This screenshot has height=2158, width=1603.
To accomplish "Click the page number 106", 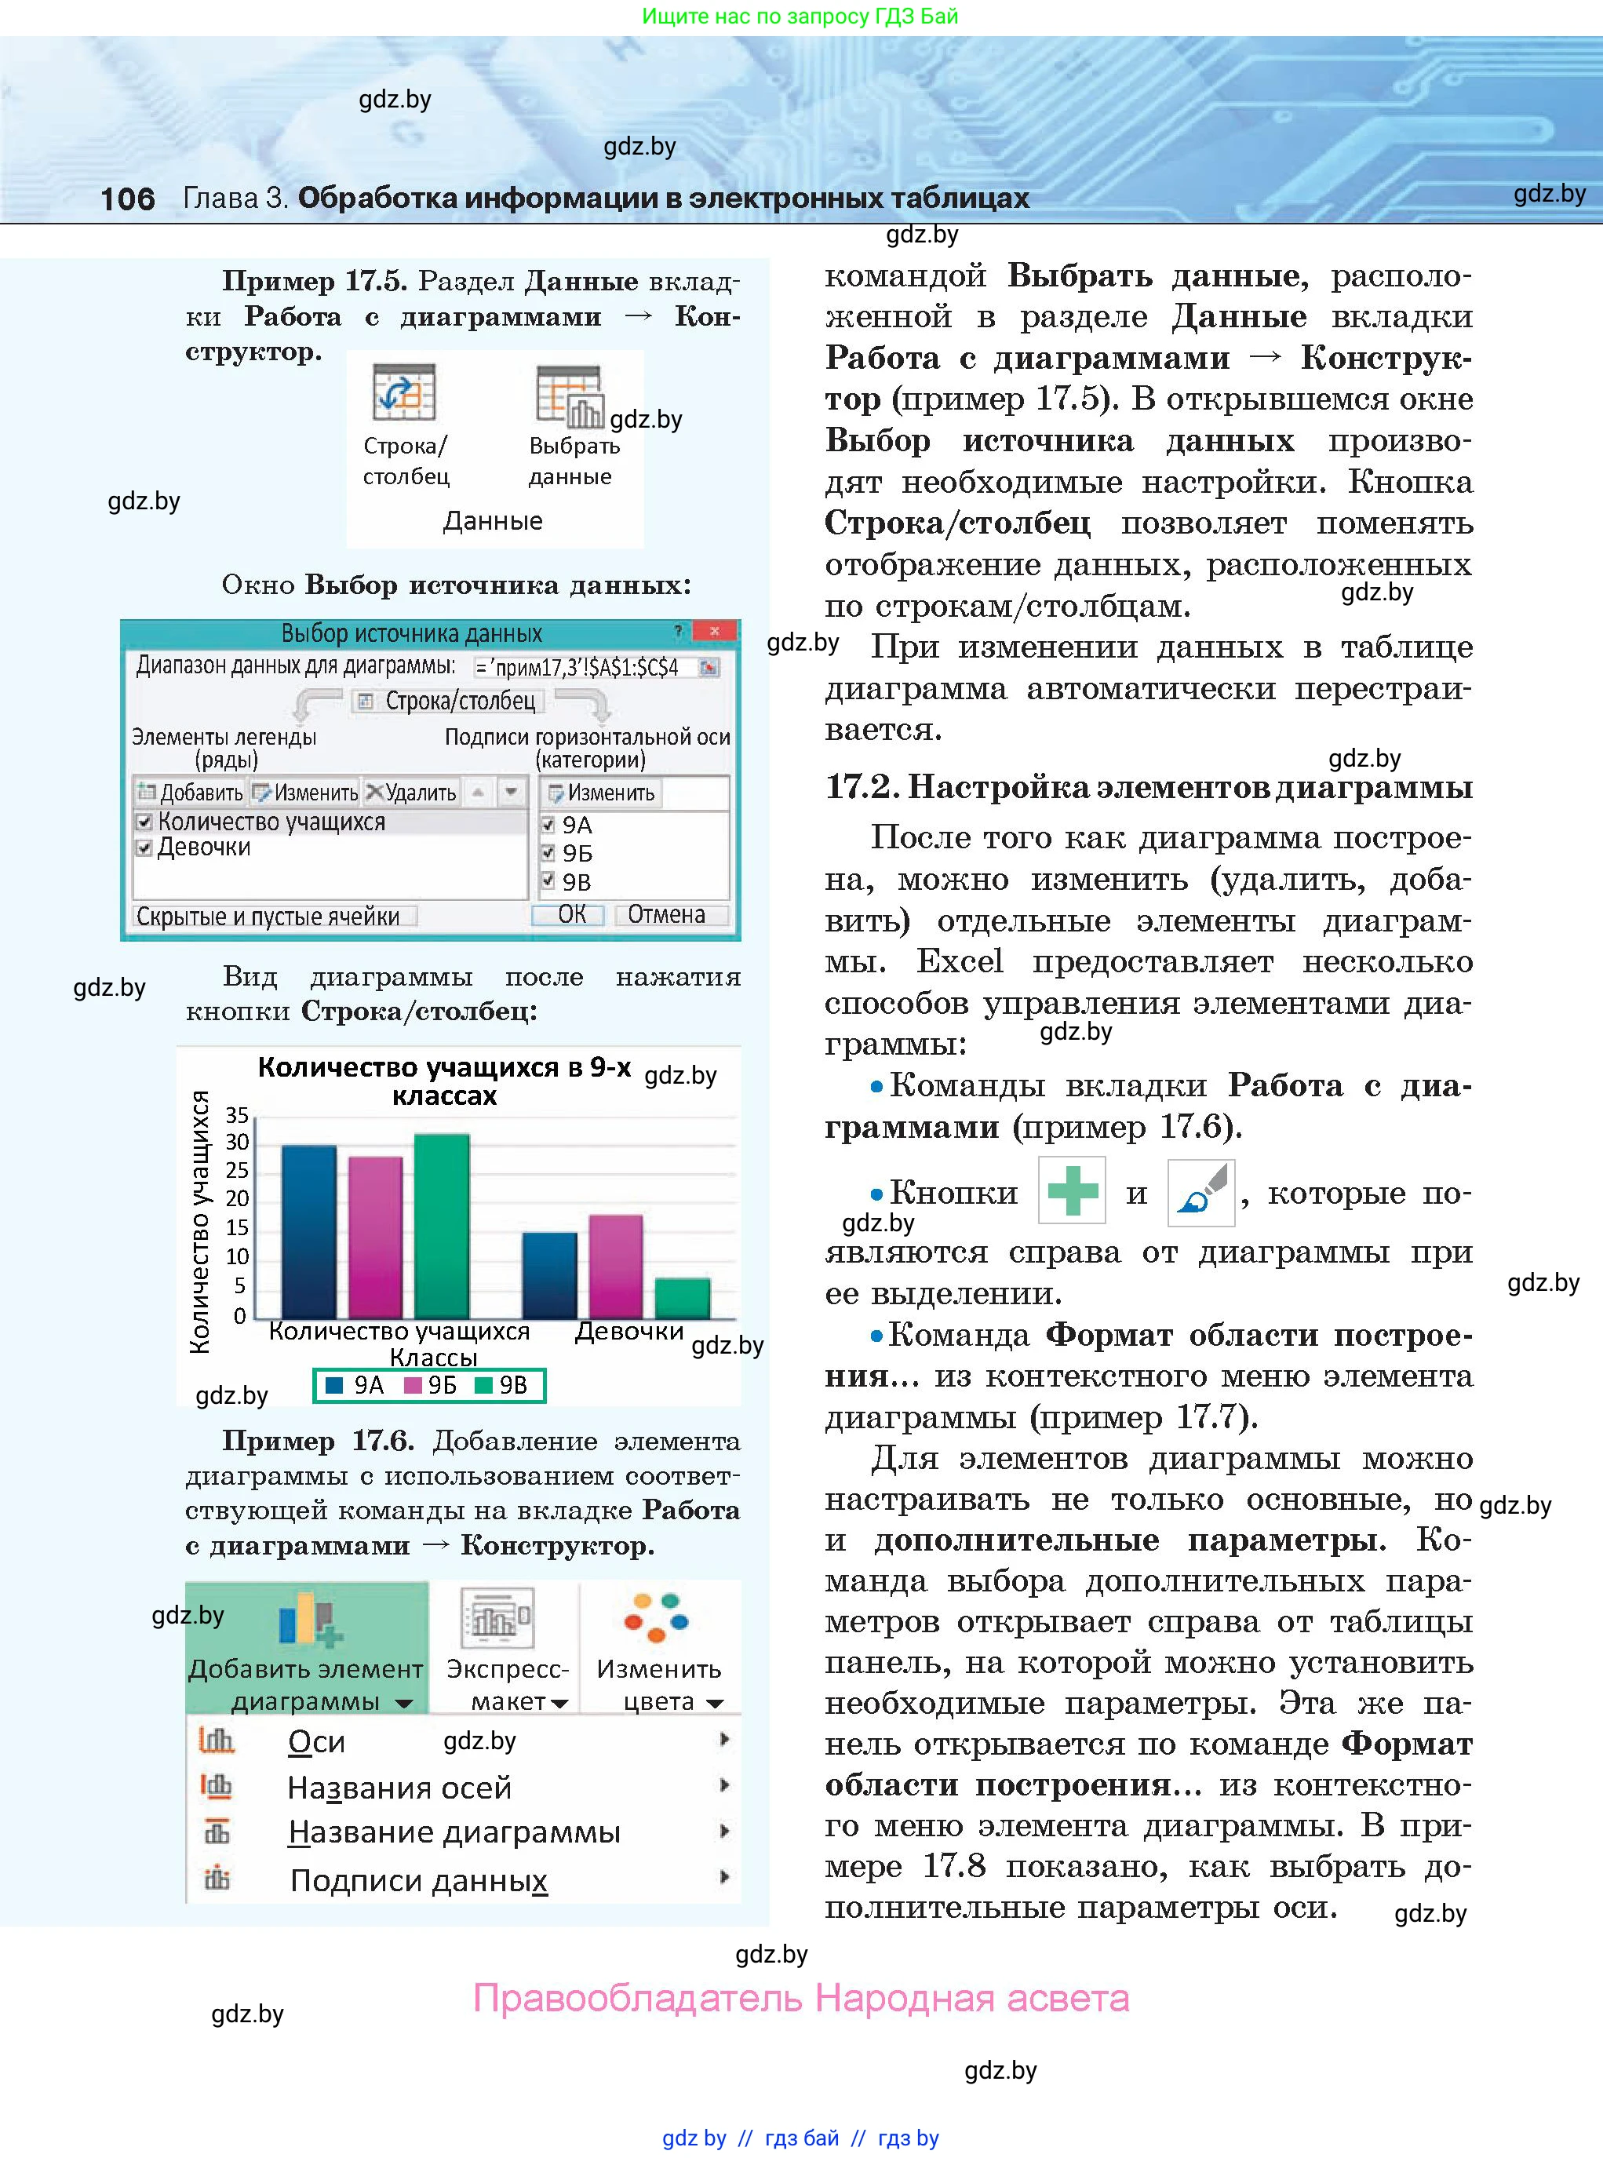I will pos(127,199).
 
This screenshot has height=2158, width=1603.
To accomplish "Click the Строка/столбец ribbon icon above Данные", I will pos(403,393).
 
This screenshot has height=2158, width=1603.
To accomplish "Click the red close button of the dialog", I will pos(715,632).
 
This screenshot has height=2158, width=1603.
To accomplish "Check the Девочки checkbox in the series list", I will pos(144,848).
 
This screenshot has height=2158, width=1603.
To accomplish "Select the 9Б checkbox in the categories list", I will pos(548,853).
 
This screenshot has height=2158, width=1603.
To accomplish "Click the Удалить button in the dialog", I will pos(410,793).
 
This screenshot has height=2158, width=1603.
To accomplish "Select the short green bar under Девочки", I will pos(682,1297).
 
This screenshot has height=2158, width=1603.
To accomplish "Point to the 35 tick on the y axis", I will pos(237,1114).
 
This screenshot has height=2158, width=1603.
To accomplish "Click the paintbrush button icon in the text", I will pos(1200,1190).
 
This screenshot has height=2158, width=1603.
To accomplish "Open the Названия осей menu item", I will pos(399,1788).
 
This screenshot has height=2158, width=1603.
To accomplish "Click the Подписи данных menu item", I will pos(418,1880).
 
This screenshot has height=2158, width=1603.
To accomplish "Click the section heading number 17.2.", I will pos(860,786).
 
